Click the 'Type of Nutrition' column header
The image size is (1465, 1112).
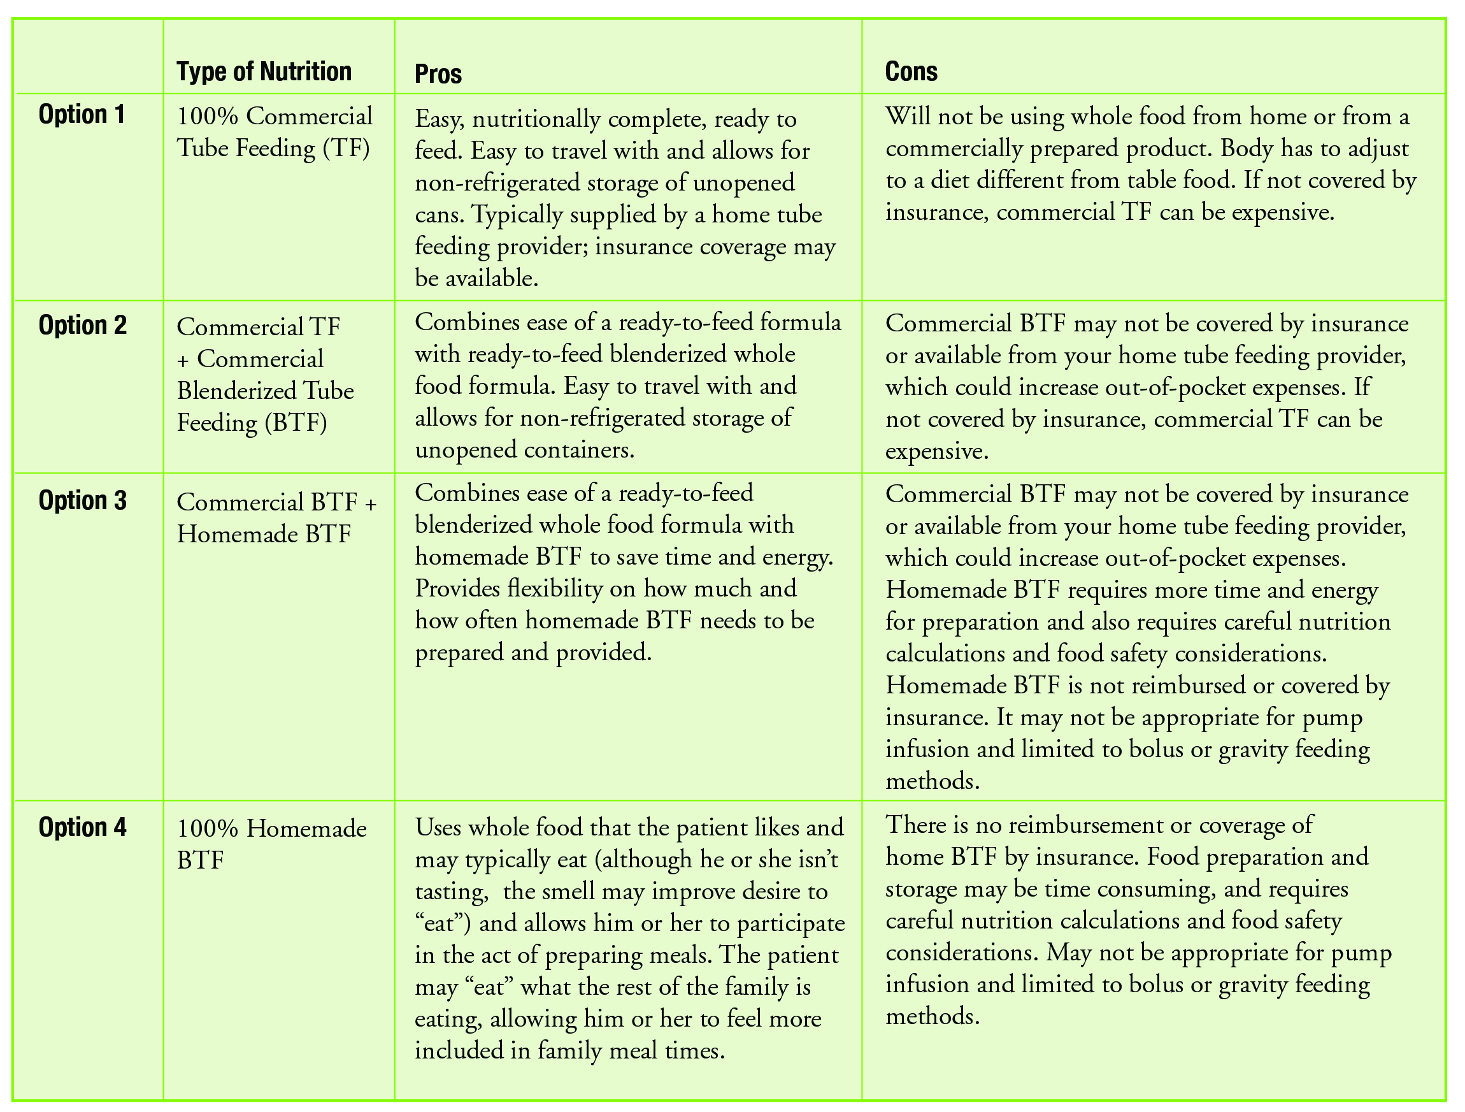pyautogui.click(x=264, y=71)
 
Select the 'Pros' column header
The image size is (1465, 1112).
pyautogui.click(x=438, y=73)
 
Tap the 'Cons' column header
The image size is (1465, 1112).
pyautogui.click(x=911, y=71)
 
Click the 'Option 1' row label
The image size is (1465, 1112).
pyautogui.click(x=82, y=114)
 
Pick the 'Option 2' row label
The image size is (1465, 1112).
pyautogui.click(x=82, y=325)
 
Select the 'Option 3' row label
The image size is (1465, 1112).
pyautogui.click(x=82, y=500)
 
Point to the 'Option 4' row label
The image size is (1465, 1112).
pyautogui.click(x=82, y=827)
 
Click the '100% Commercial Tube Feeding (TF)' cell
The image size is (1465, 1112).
pyautogui.click(x=274, y=132)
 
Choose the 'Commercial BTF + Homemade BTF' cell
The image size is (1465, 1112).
pyautogui.click(x=276, y=517)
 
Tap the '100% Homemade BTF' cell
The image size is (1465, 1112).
pyautogui.click(x=271, y=844)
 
